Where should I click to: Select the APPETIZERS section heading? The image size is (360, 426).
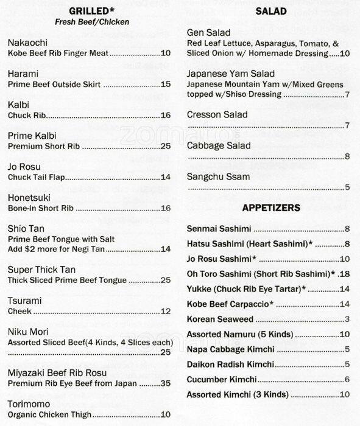[x=271, y=208]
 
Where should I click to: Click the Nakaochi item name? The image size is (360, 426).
[x=30, y=43]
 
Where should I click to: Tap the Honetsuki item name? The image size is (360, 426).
[x=29, y=198]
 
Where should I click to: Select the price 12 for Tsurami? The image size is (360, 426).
[x=165, y=312]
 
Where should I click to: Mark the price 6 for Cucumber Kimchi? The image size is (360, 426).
[x=346, y=379]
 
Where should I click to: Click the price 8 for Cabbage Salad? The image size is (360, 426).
[x=346, y=156]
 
